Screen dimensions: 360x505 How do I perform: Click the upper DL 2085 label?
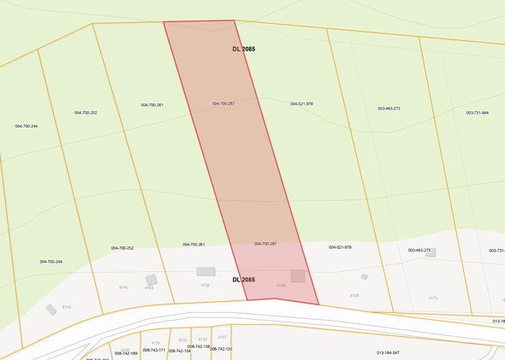[x=243, y=50]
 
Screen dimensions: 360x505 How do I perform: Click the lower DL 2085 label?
[x=243, y=280]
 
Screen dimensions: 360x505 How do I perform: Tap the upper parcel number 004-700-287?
[x=223, y=103]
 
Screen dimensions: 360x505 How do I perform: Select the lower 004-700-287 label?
[x=265, y=244]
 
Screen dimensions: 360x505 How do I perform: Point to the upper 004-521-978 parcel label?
[x=301, y=103]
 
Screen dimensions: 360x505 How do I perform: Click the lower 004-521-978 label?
[x=340, y=247]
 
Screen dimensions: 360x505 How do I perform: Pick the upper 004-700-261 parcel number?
[x=152, y=105]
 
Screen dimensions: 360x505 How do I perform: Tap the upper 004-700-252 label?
[x=86, y=113]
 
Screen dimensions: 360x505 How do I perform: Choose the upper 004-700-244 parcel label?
[x=27, y=126]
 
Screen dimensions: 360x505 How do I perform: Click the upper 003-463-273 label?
[x=389, y=109]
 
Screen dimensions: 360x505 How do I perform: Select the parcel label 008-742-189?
[x=127, y=353]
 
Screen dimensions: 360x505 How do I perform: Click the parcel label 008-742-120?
[x=222, y=349]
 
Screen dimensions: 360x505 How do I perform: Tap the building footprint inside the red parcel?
[x=297, y=275]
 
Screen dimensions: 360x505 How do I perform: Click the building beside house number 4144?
[x=151, y=280]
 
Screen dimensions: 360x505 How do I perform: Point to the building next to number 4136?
[x=51, y=309]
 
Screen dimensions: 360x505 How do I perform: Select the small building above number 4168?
[x=364, y=277]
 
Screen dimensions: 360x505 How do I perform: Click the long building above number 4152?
[x=205, y=271]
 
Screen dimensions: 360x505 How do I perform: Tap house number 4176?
[x=433, y=298]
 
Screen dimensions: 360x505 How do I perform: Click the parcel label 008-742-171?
[x=154, y=351]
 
